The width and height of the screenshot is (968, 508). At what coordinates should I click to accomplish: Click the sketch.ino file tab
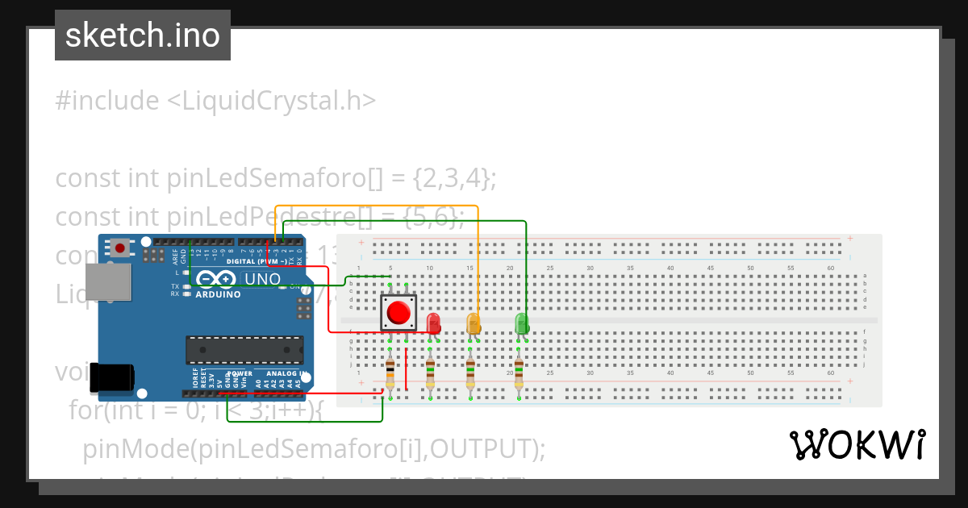tap(143, 35)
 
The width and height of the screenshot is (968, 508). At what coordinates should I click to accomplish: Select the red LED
tap(434, 323)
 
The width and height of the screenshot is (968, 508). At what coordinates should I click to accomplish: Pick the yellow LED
tap(474, 323)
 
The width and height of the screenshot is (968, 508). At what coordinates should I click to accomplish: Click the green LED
tap(522, 323)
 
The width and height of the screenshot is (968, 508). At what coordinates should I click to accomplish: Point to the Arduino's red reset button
tap(120, 248)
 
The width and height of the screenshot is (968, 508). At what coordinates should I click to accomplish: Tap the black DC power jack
tap(111, 377)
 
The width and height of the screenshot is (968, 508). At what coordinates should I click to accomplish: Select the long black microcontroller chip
tap(244, 349)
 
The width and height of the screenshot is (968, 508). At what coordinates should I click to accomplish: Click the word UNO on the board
tap(262, 279)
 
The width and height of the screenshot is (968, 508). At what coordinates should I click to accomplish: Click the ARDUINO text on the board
tap(218, 294)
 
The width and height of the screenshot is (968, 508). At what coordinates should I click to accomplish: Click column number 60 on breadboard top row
tap(831, 268)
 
